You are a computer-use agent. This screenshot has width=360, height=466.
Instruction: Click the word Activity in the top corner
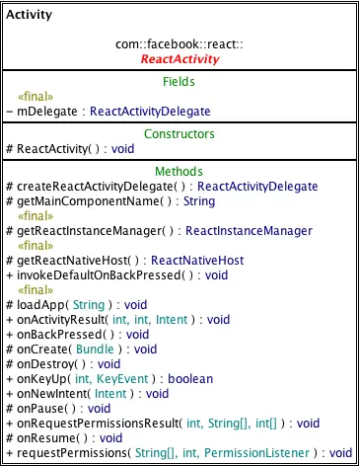tap(30, 16)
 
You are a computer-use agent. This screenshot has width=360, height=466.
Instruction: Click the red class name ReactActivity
tap(180, 59)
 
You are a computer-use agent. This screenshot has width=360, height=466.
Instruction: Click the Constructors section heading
tap(180, 133)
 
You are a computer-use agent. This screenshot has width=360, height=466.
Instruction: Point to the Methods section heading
tap(180, 172)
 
